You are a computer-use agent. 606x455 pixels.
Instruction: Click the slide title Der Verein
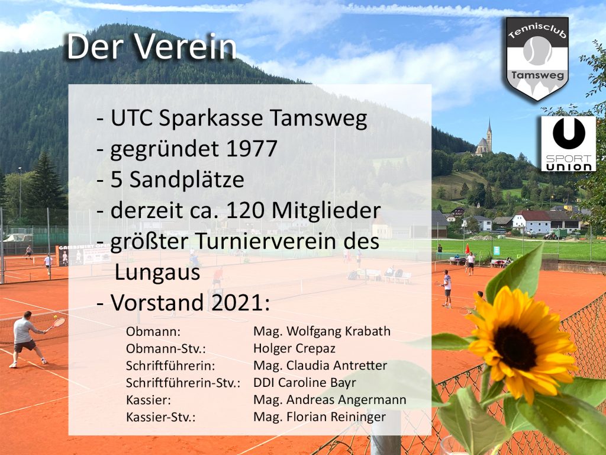coord(151,47)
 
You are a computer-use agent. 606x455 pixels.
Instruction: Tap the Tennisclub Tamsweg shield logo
coord(537,59)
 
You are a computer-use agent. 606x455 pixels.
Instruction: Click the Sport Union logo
coord(568,143)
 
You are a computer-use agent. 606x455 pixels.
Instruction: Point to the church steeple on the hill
coord(489,132)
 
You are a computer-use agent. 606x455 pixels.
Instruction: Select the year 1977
coord(252,148)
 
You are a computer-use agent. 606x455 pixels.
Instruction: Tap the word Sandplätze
coord(186,180)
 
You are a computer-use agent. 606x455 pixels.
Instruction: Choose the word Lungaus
coord(157,272)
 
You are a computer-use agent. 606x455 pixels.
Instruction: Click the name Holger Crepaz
coord(294,348)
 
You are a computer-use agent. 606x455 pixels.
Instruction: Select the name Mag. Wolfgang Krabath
coord(321,331)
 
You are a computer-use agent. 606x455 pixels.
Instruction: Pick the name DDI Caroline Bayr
coord(305,382)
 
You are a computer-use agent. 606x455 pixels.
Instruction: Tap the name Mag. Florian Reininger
coord(319,416)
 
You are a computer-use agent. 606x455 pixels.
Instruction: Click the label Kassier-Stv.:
coord(161,417)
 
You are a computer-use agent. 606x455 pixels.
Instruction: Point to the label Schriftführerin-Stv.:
coord(183,383)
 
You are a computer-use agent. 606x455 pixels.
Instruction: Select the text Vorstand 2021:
coord(190,303)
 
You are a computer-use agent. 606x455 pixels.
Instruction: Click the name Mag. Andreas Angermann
coord(330,400)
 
